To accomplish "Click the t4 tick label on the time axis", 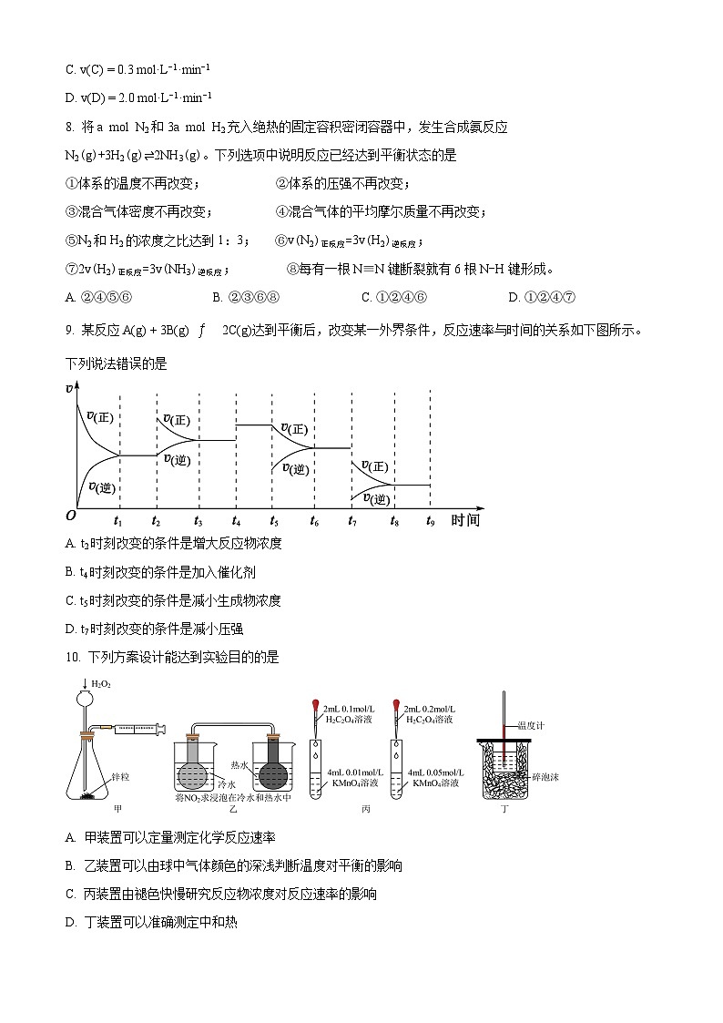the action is (236, 521).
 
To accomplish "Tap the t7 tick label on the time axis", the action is (352, 521).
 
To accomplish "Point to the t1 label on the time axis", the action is (118, 521).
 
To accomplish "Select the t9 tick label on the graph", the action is (431, 521).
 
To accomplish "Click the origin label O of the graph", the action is (70, 516).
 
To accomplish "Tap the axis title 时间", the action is (464, 520).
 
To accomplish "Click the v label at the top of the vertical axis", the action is (70, 389).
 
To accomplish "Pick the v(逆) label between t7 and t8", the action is (376, 499).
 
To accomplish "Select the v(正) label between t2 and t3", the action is (177, 420).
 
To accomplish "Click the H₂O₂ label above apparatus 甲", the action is (101, 684).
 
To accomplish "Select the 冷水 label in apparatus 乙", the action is (227, 783).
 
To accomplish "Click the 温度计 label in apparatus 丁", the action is (530, 726).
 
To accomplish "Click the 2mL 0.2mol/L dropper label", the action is (431, 709).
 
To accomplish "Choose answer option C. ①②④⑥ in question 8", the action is (393, 296).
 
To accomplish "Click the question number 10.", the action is (74, 657).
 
